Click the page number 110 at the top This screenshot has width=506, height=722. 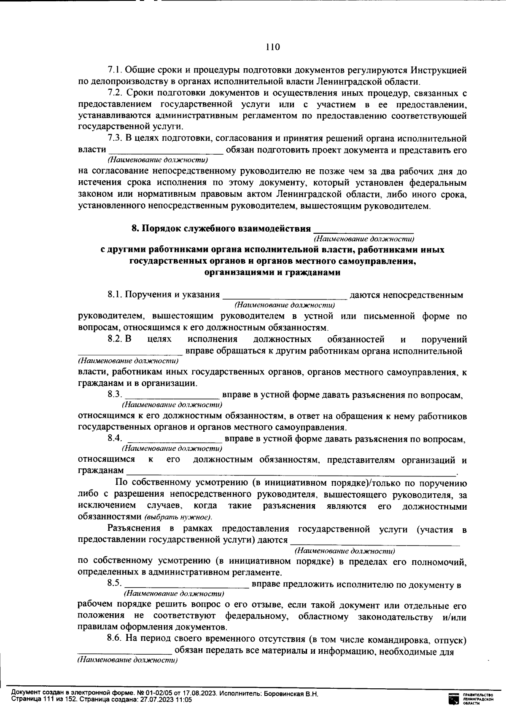coord(273,47)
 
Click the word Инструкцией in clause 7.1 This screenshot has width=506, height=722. coord(439,70)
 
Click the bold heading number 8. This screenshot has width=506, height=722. coord(135,228)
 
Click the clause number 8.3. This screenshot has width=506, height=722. coord(115,395)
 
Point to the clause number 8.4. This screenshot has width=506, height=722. coord(115,439)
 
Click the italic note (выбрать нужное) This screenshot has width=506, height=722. coord(178,517)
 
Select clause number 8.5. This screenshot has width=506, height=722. coord(115,584)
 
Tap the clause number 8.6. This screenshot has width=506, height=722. coord(115,639)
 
